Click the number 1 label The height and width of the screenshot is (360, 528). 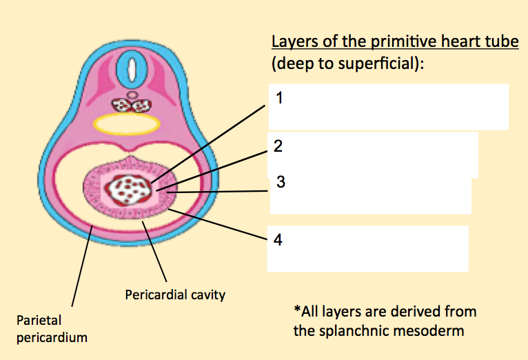tap(278, 97)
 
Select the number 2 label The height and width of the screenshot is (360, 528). tap(278, 146)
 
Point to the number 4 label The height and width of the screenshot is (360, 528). tap(278, 240)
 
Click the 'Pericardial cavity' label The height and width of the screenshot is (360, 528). tap(175, 294)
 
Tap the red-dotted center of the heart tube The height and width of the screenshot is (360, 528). tap(130, 188)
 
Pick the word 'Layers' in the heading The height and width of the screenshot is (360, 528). tap(292, 42)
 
